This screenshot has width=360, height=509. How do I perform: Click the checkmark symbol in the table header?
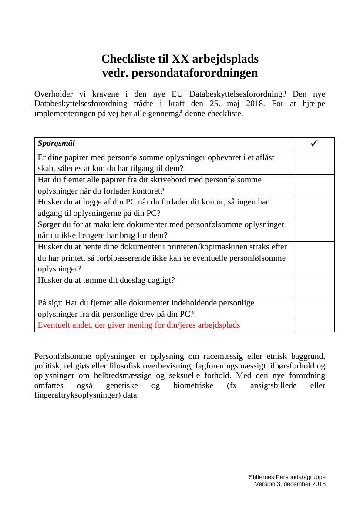point(315,144)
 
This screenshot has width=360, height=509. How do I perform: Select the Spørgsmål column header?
point(56,143)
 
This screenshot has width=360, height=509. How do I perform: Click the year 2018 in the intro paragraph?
point(255,104)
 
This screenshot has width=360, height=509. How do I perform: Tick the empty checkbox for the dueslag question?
point(315,286)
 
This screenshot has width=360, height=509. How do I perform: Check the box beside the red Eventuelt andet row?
point(315,325)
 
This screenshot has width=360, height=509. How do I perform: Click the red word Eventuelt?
point(54,325)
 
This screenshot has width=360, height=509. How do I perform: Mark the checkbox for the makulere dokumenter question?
point(315,230)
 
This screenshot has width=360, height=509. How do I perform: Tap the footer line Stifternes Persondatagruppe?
point(287,477)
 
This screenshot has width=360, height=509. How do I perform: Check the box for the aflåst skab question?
point(315,163)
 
